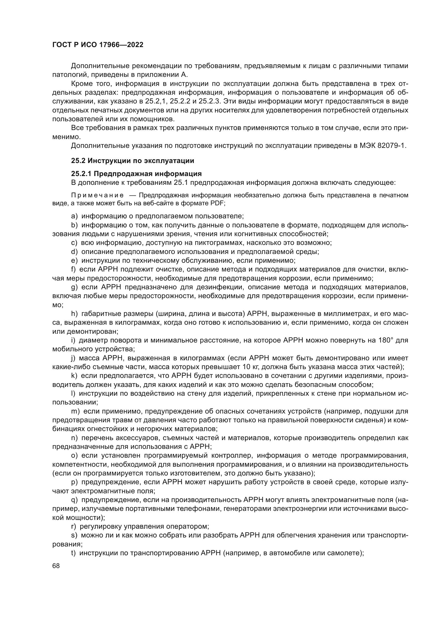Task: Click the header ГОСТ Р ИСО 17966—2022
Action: coord(98,45)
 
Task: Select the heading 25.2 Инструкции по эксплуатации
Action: coord(132,161)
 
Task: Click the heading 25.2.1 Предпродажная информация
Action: coord(136,174)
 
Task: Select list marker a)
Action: coord(74,216)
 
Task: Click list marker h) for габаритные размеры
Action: coord(74,314)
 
